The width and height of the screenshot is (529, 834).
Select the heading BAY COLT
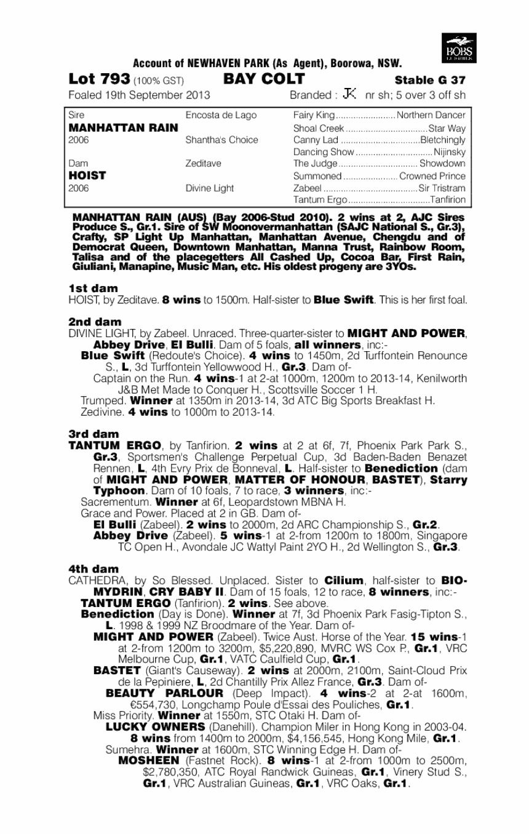click(264, 79)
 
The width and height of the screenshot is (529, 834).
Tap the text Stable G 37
click(430, 80)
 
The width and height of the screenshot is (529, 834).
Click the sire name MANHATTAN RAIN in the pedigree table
click(124, 128)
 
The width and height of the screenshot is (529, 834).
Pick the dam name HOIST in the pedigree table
click(87, 175)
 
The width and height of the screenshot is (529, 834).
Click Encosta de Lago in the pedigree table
click(221, 116)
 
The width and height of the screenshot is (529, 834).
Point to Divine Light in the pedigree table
click(210, 188)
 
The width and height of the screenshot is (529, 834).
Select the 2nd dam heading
click(95, 322)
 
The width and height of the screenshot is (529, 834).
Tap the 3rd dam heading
click(94, 434)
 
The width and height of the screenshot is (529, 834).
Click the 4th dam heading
click(94, 569)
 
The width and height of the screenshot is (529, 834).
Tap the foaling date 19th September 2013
click(157, 95)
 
